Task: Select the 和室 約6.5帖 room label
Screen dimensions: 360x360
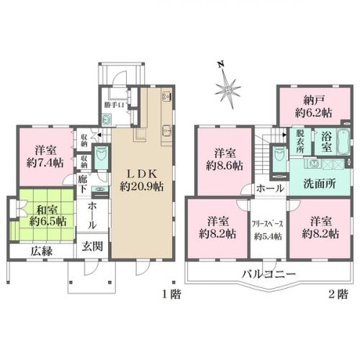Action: click(x=42, y=215)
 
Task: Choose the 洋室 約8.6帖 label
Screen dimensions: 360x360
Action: click(x=224, y=158)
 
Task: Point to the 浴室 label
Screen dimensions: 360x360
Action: click(x=325, y=143)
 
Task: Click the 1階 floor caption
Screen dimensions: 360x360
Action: click(x=169, y=294)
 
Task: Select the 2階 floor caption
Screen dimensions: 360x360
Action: click(x=338, y=294)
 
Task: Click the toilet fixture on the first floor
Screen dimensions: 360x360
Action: click(x=102, y=156)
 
